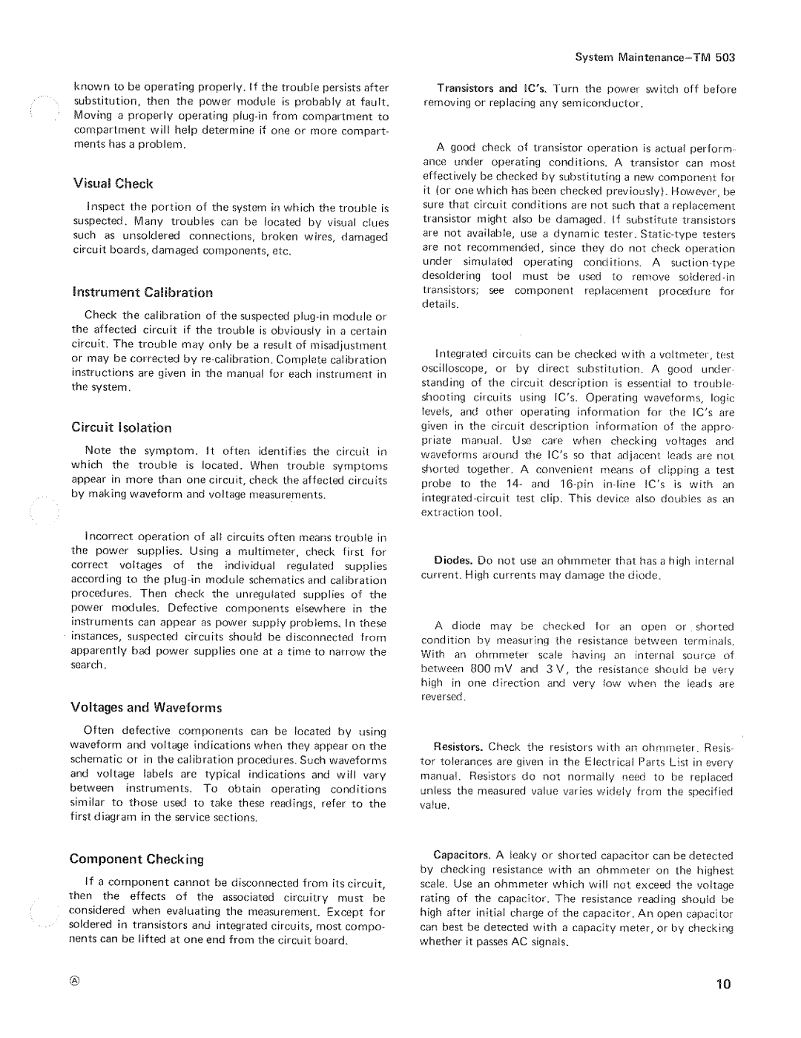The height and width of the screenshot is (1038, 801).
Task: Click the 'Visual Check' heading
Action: [112, 183]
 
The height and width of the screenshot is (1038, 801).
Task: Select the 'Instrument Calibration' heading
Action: [142, 292]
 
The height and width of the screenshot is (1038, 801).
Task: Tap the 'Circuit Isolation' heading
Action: [121, 427]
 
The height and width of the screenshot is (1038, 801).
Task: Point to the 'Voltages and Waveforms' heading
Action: [146, 707]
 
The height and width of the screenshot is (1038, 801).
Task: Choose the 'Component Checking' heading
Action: [136, 858]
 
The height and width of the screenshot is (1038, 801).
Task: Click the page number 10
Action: [723, 985]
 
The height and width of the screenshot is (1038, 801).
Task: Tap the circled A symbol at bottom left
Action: [75, 981]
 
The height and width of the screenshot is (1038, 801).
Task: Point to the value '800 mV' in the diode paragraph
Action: [493, 669]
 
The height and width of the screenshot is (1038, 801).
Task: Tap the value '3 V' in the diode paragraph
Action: [558, 669]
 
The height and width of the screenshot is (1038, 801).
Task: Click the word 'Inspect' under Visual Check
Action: [107, 207]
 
